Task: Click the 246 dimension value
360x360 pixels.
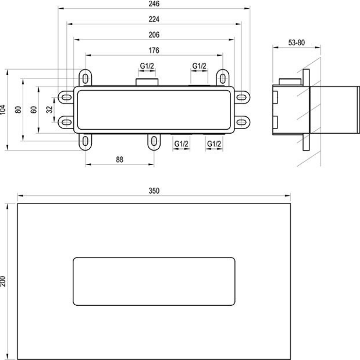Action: pyautogui.click(x=154, y=4)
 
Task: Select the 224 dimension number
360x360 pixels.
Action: pyautogui.click(x=154, y=19)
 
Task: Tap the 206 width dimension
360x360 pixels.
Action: pyautogui.click(x=154, y=35)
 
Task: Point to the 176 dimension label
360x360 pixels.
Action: pyautogui.click(x=154, y=50)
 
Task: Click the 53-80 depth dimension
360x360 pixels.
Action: pyautogui.click(x=296, y=42)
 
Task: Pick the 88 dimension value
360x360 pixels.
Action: pyautogui.click(x=120, y=159)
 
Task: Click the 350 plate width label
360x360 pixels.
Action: pyautogui.click(x=154, y=191)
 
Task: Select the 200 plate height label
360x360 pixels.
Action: pyautogui.click(x=3, y=281)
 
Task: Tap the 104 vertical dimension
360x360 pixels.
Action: pyautogui.click(x=3, y=110)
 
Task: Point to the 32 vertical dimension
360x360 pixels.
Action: pyautogui.click(x=49, y=110)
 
